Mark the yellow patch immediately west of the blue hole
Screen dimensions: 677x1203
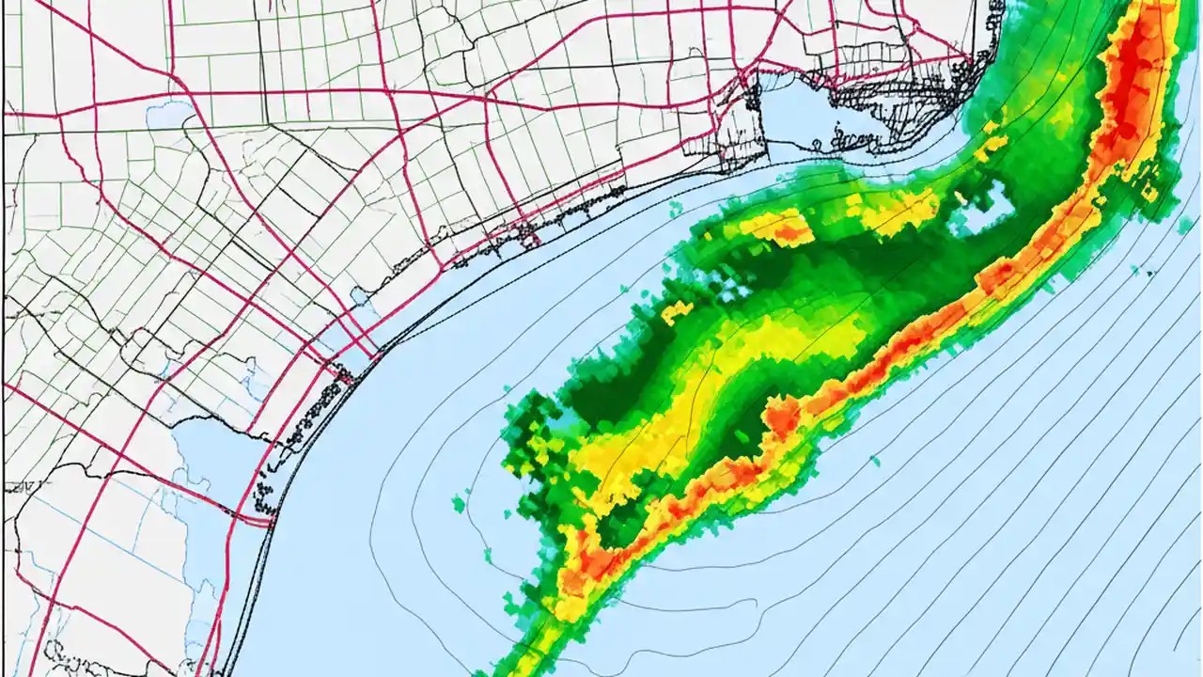[902, 212]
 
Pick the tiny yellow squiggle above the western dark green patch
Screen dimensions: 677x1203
[677, 310]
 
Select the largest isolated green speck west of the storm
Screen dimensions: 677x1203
[459, 505]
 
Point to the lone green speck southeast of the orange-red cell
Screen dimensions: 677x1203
[875, 461]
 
